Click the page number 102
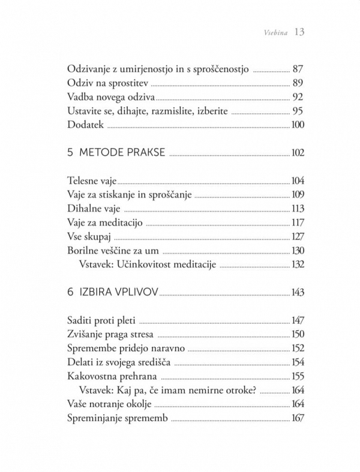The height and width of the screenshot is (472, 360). coord(297,153)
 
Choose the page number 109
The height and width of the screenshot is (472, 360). coord(298,195)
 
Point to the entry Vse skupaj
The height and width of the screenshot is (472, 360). coord(89,237)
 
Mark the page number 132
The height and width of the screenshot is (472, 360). coord(297,264)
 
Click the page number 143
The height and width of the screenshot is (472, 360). coord(297,292)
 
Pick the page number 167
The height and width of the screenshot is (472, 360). coord(297,419)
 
